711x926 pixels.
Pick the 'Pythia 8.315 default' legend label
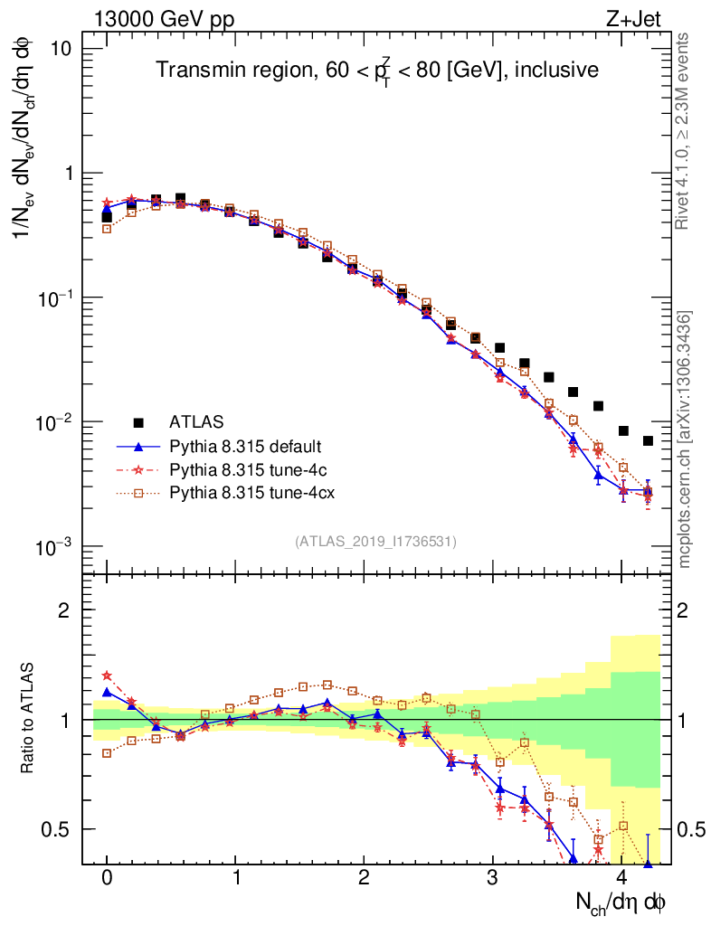[246, 446]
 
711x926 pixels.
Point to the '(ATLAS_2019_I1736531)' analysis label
[375, 542]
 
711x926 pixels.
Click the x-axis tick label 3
[493, 878]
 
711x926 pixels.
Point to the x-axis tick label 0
[107, 878]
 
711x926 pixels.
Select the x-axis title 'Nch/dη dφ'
[621, 902]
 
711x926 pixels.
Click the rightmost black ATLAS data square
[648, 440]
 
